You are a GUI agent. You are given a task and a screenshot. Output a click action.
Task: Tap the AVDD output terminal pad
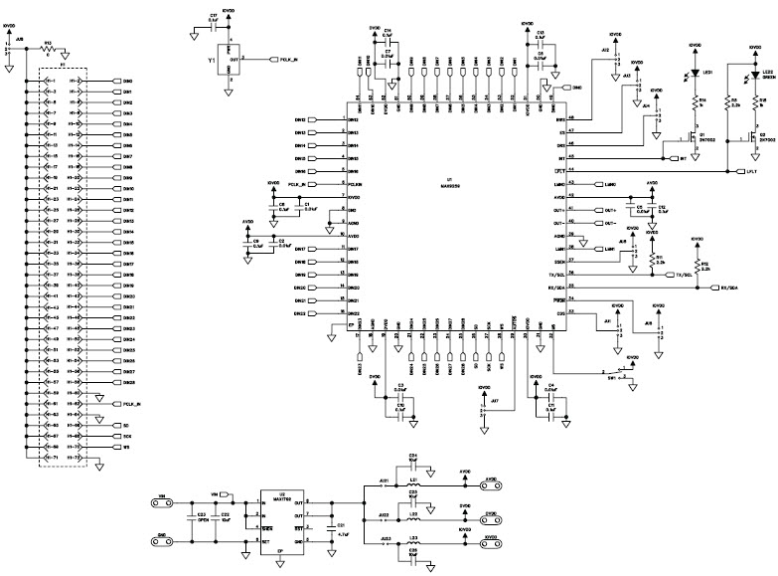click(490, 479)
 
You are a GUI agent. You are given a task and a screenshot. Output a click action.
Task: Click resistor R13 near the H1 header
click(47, 53)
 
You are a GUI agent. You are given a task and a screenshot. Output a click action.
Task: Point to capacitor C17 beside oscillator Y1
click(214, 26)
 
